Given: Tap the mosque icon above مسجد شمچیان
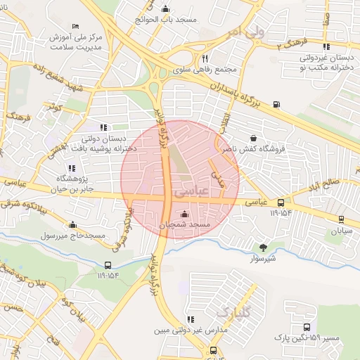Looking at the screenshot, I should [184, 214].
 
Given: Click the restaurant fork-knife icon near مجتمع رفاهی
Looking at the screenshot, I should [205, 58].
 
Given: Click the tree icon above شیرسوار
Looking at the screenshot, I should [263, 247].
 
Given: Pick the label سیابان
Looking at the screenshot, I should [341, 231].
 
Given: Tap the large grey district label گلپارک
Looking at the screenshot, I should [232, 311].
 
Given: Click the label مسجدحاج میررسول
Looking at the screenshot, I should [71, 235].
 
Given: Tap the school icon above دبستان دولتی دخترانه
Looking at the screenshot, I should [104, 127].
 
